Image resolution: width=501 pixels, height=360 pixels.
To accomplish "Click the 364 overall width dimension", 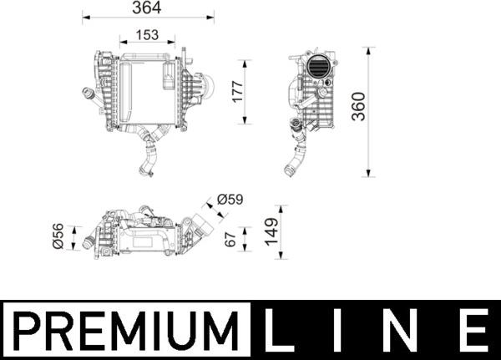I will pos(148,8).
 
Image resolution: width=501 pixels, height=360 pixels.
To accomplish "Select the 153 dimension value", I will pos(147,36).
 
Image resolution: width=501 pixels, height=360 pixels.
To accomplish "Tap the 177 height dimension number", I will pos(236,92).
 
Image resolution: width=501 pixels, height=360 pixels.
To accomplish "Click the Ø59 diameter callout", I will pos(230,200).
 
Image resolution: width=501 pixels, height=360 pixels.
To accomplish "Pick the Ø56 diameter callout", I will pos(58,236).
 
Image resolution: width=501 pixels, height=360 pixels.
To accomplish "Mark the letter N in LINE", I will pos(408,331).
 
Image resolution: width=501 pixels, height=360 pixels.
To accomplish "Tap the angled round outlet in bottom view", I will pos(201,225).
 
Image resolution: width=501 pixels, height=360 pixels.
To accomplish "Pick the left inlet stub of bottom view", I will pos(87,243).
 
